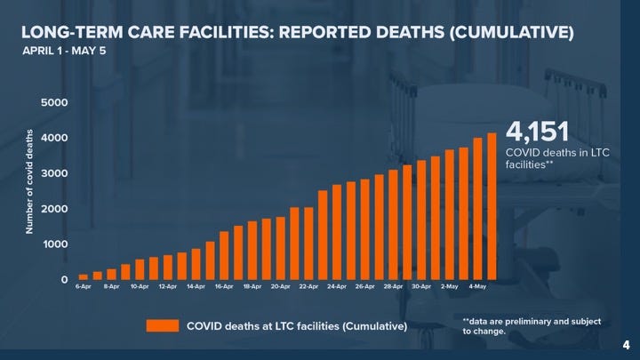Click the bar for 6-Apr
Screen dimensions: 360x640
coord(84,276)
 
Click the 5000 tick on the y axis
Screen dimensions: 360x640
coord(54,103)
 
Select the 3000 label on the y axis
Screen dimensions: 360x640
coord(54,174)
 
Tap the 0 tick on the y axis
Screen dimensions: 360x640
coord(63,280)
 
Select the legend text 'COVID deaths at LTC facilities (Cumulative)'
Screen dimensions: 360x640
coord(296,326)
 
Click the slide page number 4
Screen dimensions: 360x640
coord(625,344)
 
